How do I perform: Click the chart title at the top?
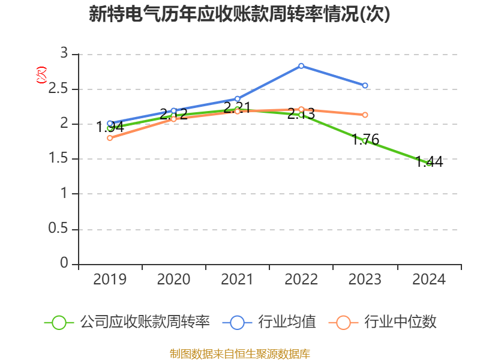click(x=239, y=14)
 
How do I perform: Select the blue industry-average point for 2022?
click(x=301, y=65)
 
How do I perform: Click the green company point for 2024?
click(x=429, y=163)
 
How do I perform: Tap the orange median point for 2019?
click(x=110, y=138)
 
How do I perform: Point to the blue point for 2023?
click(x=365, y=85)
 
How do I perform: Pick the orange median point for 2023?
click(x=365, y=115)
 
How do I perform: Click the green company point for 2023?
click(x=365, y=140)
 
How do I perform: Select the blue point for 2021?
click(x=238, y=98)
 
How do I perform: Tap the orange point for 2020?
click(x=173, y=119)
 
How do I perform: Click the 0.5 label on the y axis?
click(x=59, y=229)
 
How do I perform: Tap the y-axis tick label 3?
click(x=64, y=54)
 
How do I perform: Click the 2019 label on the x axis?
click(x=110, y=280)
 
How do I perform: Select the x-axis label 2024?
click(x=429, y=280)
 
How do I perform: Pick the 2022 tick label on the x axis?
click(x=301, y=280)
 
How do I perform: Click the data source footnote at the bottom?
click(x=239, y=353)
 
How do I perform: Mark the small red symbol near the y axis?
click(x=41, y=75)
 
